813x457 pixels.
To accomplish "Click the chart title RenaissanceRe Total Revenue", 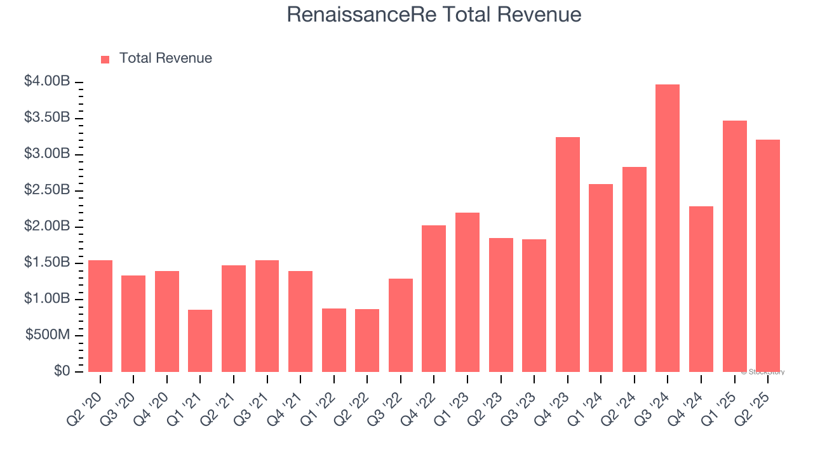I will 434,14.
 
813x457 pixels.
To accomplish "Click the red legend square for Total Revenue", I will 105,59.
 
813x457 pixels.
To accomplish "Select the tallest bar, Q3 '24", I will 668,228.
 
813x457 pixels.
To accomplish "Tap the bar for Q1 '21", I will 200,341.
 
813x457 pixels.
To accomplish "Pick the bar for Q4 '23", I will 567,255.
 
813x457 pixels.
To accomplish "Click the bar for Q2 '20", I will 100,316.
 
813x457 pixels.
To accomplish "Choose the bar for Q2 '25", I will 767,256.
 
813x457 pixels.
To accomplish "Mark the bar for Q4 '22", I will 434,298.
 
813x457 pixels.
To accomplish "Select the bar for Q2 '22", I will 367,340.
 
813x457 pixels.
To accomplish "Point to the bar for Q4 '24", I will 701,289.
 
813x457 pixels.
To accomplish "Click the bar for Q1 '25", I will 734,246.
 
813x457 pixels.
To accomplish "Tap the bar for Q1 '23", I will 467,292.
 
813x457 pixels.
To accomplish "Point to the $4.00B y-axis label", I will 47,82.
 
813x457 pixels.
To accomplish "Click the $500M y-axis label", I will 48,335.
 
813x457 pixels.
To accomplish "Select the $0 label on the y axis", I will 62,371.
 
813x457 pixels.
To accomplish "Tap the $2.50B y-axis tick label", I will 47,190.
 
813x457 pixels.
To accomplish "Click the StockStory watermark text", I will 763,372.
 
